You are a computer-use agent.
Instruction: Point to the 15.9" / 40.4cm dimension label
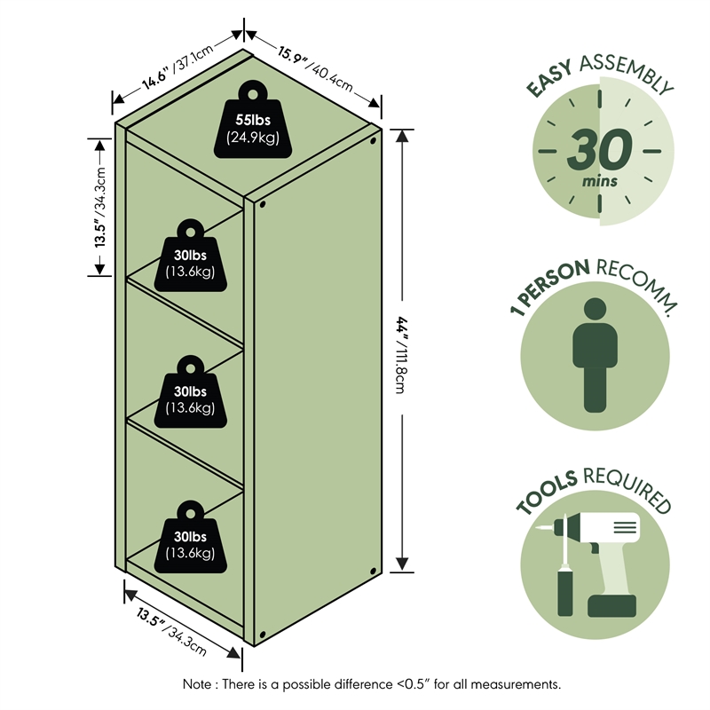(x=315, y=69)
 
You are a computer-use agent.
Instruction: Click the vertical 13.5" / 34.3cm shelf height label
(x=99, y=208)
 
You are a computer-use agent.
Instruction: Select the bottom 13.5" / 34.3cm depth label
(x=171, y=632)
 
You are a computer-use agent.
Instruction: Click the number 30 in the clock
(x=600, y=149)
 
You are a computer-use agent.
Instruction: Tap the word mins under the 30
(x=600, y=182)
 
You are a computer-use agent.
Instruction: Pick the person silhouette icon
(x=595, y=355)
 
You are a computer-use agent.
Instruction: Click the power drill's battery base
(x=611, y=606)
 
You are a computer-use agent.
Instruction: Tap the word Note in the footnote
(x=196, y=683)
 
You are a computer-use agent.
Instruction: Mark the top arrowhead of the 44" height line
(x=402, y=136)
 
